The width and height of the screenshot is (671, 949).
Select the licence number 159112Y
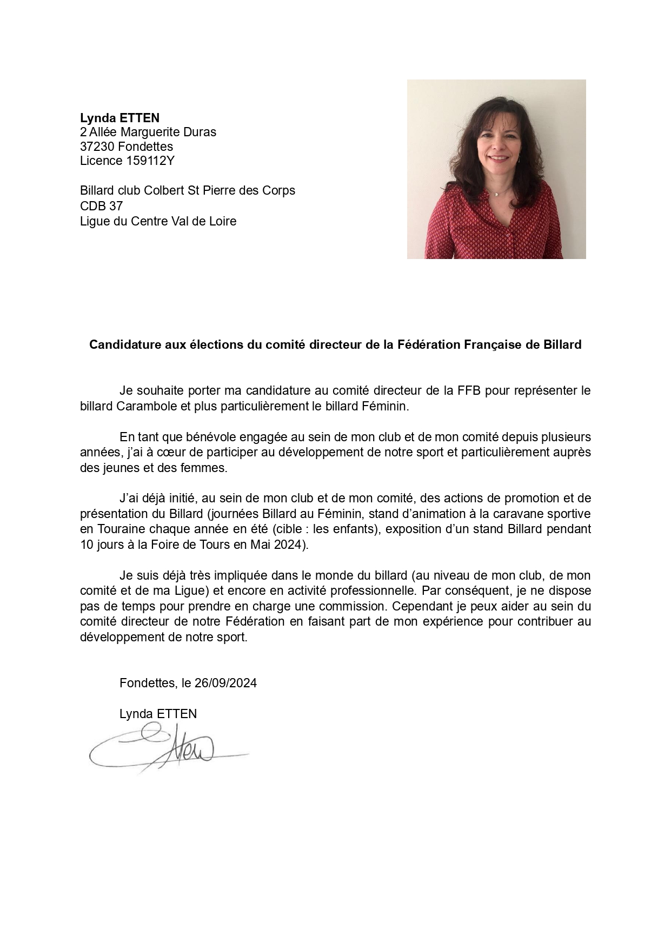click(150, 161)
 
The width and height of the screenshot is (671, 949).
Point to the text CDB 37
click(101, 206)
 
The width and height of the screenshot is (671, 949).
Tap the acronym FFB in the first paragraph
click(469, 390)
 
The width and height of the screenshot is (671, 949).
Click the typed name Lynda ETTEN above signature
click(158, 714)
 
